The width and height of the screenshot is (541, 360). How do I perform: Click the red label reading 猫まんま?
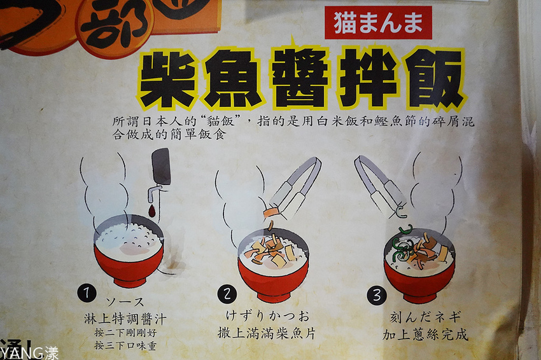point(378,23)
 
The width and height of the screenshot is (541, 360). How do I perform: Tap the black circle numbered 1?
point(87,293)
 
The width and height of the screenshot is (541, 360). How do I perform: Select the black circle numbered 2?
point(227,293)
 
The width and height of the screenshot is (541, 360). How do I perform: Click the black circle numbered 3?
point(377,295)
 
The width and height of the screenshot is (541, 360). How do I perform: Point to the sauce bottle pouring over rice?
point(159,171)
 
